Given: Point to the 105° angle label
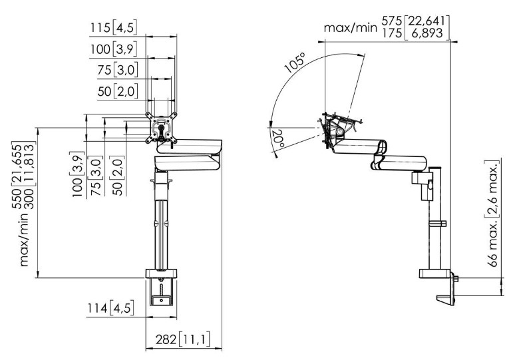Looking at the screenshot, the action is coord(295,63).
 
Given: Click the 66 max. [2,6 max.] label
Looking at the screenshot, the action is coord(492,214).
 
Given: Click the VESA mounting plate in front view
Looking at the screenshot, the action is coord(161,128).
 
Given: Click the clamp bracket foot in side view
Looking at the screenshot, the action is coord(446,300).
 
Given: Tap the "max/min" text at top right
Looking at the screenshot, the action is coord(351,28).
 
